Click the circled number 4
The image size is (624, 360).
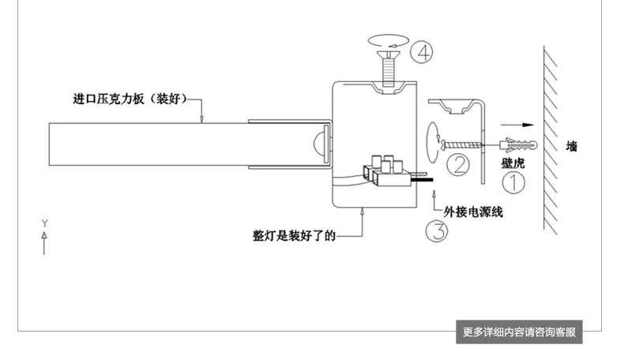[422, 53]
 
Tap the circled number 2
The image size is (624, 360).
[458, 165]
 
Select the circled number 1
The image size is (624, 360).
[513, 182]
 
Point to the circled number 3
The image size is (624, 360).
[437, 231]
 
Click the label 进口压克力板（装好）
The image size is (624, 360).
[130, 99]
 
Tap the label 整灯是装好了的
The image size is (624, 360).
[294, 236]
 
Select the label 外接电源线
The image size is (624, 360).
[473, 212]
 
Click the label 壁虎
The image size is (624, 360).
[513, 163]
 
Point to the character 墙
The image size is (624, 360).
[572, 146]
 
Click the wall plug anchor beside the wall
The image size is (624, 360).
[518, 145]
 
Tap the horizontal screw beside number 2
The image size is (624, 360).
[460, 144]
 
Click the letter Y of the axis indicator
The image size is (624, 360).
[44, 223]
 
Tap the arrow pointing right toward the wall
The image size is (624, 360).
[517, 125]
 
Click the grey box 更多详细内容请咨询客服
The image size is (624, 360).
[519, 332]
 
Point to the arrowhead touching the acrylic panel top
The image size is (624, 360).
[201, 119]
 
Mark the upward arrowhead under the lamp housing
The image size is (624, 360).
[362, 212]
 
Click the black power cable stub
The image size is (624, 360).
[423, 180]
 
